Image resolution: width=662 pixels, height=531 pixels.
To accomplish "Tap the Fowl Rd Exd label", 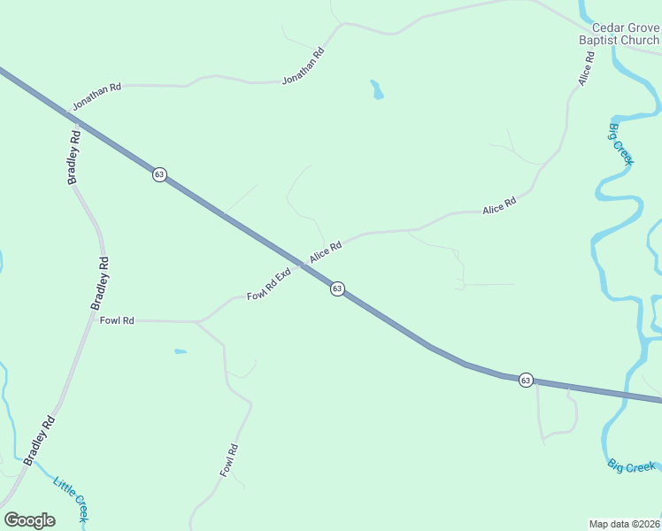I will click(x=269, y=284).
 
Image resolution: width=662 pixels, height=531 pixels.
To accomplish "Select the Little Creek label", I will click(x=70, y=497).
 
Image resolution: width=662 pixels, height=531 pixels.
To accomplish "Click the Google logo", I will click(x=29, y=520).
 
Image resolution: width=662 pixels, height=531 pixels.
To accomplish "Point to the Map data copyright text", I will click(x=625, y=523).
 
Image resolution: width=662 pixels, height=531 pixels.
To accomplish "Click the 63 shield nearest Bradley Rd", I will click(x=159, y=174).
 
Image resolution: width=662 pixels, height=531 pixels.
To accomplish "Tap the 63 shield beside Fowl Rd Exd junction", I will click(x=337, y=289).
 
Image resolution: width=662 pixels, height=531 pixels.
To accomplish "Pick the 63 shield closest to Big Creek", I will click(x=526, y=380).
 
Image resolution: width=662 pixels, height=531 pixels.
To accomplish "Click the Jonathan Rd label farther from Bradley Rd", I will click(x=304, y=65).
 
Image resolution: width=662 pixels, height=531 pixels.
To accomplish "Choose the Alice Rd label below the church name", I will click(x=586, y=68).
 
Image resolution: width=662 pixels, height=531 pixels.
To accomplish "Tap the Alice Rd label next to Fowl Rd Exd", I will click(x=325, y=252).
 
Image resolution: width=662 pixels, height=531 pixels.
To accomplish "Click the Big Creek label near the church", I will click(x=621, y=143).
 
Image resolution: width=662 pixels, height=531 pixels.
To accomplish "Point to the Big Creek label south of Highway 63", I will click(x=632, y=466).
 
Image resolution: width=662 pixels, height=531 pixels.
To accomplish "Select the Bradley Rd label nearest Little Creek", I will click(x=39, y=440).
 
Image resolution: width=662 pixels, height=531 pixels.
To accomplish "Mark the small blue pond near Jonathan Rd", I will click(x=377, y=89).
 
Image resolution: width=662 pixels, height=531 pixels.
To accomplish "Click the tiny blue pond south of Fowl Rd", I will click(x=181, y=351).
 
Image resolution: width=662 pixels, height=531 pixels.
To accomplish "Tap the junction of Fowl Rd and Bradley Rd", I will click(x=92, y=319).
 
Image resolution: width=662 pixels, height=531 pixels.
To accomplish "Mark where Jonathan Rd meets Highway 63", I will click(x=67, y=113).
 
